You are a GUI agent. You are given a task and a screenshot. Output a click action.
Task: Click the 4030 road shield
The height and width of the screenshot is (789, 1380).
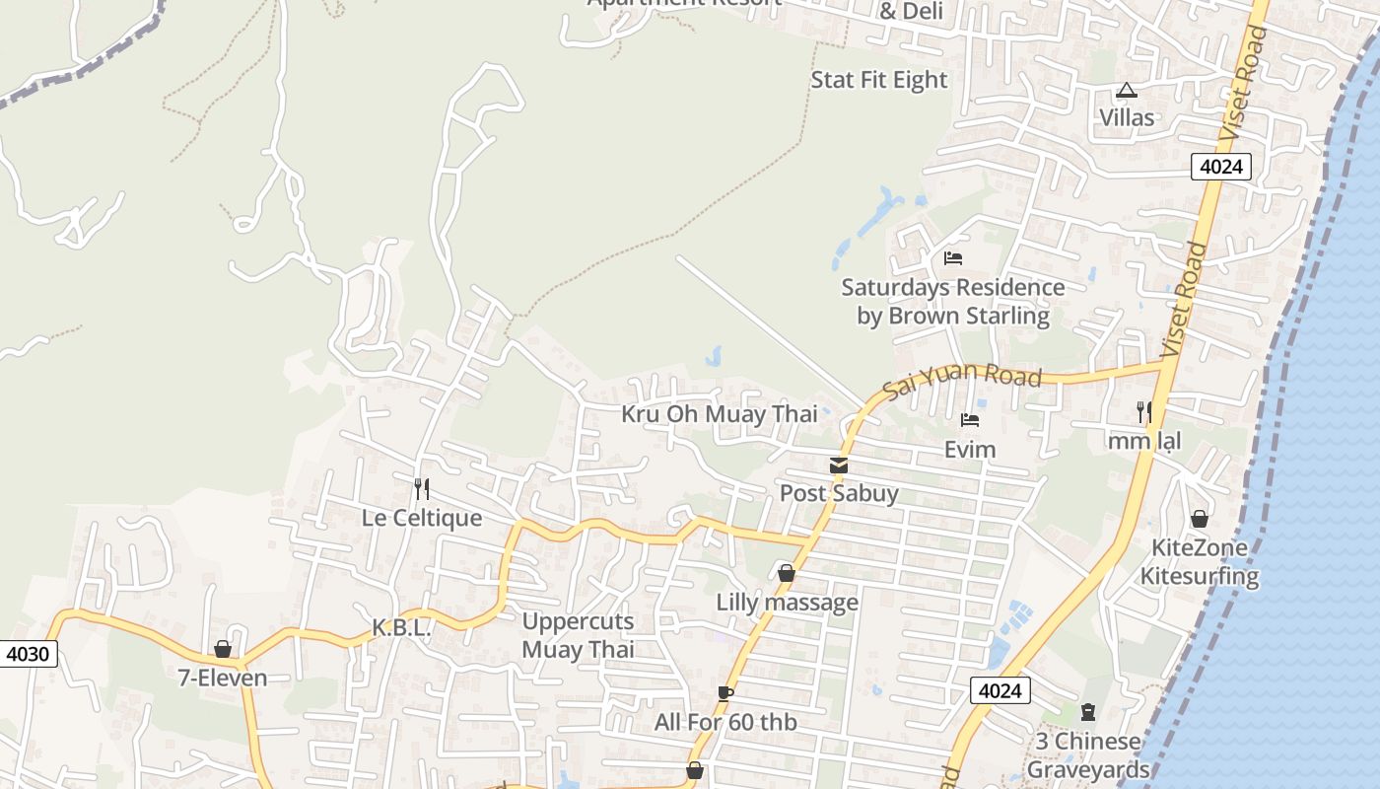[30, 653]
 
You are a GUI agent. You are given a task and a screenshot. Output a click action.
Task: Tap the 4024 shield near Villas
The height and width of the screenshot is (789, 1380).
[1220, 167]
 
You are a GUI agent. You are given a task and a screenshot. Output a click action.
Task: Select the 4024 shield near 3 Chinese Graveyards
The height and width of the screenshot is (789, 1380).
[1000, 690]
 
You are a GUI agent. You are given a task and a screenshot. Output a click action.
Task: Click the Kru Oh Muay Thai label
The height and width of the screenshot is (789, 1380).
[719, 414]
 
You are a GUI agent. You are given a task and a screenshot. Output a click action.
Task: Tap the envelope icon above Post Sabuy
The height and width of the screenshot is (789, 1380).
[838, 466]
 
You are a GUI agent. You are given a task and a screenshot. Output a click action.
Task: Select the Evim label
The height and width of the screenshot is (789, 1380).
[970, 450]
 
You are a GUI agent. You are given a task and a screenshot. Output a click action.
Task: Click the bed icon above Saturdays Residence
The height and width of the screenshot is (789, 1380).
[952, 258]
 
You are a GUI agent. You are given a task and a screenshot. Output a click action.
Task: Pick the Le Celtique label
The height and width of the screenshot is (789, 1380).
[422, 518]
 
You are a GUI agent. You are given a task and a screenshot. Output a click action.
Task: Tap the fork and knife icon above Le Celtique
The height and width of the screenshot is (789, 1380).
[422, 488]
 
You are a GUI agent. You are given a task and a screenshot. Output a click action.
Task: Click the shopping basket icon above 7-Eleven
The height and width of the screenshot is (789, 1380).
[223, 649]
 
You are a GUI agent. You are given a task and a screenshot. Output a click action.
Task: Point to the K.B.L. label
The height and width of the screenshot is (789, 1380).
[402, 627]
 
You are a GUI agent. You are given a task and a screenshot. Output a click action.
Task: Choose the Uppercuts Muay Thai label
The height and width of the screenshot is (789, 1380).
[578, 636]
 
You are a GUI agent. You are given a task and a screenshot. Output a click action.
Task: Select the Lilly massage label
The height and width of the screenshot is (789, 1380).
[787, 602]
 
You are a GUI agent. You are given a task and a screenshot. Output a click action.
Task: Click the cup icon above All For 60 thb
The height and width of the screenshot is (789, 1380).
[725, 693]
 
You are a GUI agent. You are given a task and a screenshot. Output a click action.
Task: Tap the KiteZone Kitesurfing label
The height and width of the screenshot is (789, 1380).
[1200, 562]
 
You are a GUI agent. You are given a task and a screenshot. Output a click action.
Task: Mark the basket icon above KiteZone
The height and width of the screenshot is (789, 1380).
[1200, 519]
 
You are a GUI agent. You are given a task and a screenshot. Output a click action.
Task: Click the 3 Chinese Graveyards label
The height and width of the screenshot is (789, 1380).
[1088, 755]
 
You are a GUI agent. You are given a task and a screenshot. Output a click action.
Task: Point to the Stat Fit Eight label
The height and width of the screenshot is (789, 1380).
[878, 80]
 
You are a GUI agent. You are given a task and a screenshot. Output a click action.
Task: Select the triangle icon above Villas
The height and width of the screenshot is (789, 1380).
[1127, 91]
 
